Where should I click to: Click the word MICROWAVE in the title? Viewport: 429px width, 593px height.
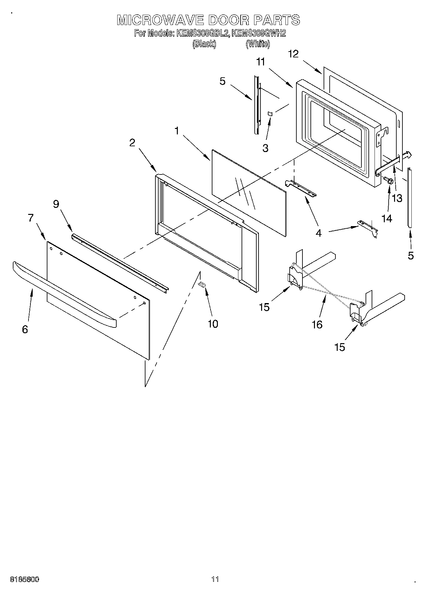point(160,20)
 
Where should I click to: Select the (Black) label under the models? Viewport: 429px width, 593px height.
point(204,44)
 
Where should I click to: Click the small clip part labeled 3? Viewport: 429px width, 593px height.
point(270,114)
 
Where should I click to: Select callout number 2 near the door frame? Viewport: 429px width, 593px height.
point(132,143)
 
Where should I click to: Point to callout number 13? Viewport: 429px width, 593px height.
point(397,199)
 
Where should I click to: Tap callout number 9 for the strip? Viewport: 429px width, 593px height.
point(56,204)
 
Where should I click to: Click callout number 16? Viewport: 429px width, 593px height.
point(317,325)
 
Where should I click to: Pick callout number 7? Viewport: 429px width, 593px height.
point(31,218)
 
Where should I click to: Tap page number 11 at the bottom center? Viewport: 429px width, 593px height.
point(215,579)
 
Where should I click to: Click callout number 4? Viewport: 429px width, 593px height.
point(318,233)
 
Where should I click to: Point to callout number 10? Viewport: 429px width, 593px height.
point(213,324)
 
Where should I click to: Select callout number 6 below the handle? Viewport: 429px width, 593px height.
point(25,329)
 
